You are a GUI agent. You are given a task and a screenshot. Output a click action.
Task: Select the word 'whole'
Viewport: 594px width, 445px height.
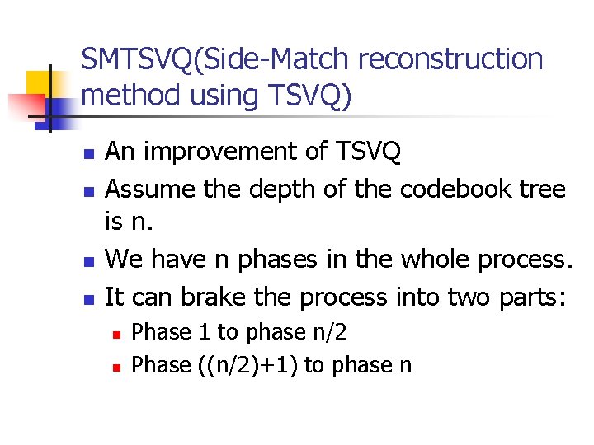pos(428,260)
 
